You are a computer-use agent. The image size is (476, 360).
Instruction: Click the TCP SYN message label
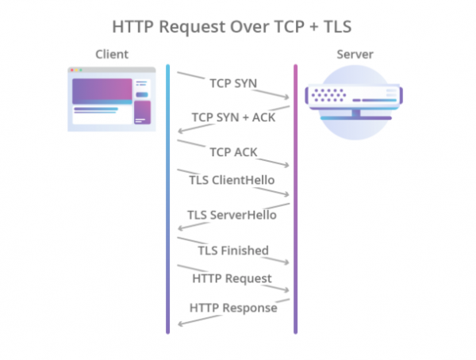pyautogui.click(x=233, y=82)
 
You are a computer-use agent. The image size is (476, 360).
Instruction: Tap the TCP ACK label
pyautogui.click(x=233, y=151)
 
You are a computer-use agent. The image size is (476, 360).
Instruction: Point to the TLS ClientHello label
pyautogui.click(x=232, y=180)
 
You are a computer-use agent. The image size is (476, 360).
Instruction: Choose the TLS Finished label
pyautogui.click(x=233, y=250)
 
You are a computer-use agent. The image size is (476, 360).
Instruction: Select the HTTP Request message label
pyautogui.click(x=232, y=278)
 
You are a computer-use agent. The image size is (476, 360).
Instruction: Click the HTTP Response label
pyautogui.click(x=233, y=307)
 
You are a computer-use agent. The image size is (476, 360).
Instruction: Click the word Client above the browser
pyautogui.click(x=112, y=54)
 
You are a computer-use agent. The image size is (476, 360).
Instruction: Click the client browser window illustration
pyautogui.click(x=111, y=99)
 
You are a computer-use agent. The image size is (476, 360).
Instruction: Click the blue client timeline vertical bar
pyautogui.click(x=168, y=198)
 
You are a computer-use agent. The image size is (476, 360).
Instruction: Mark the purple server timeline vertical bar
pyautogui.click(x=295, y=198)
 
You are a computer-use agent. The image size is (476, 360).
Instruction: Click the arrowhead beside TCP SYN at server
pyautogui.click(x=286, y=98)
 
